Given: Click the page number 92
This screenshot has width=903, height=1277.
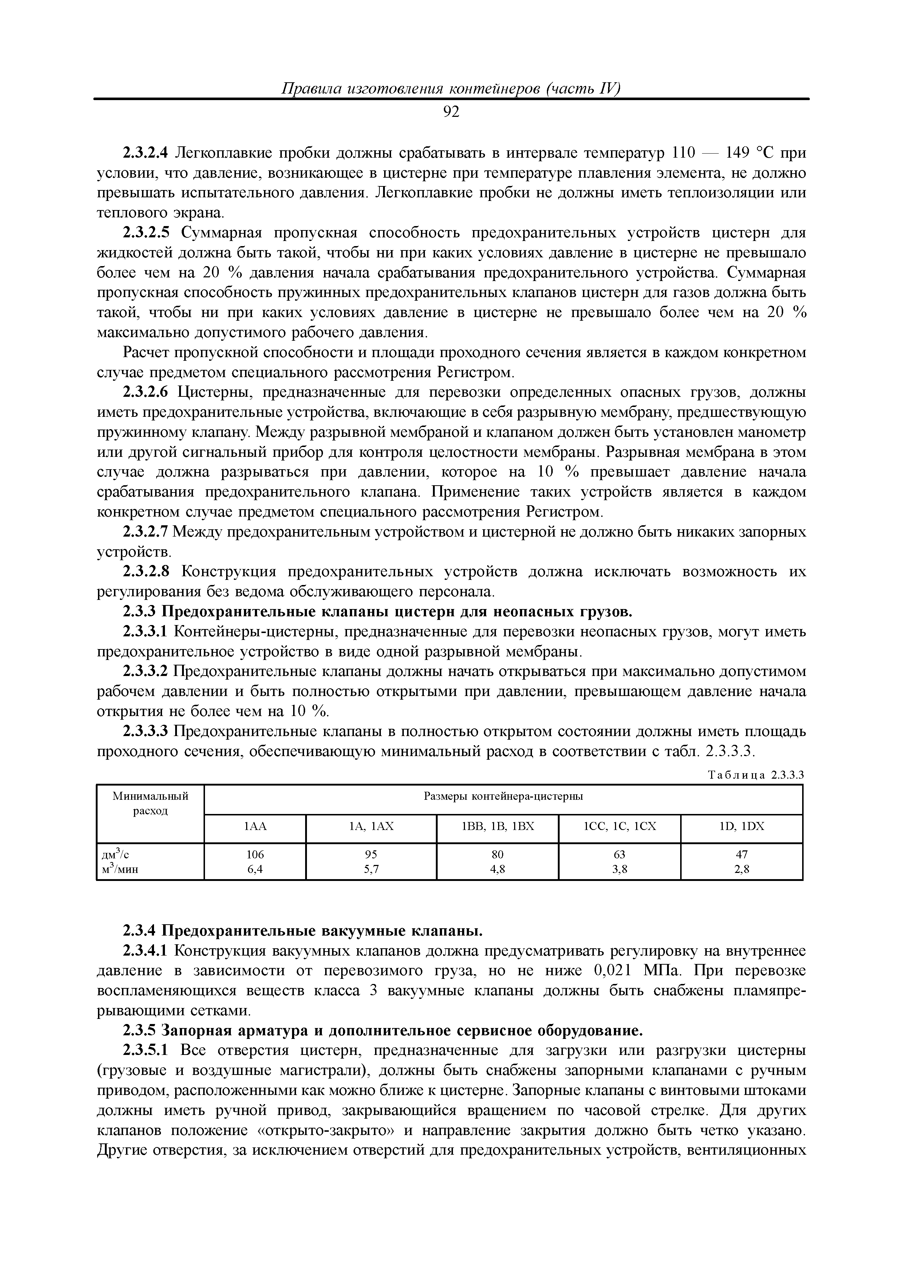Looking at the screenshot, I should (451, 112).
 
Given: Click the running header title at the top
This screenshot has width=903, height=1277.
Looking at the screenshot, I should (451, 89).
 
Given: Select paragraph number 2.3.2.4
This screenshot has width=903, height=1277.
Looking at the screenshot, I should (145, 153).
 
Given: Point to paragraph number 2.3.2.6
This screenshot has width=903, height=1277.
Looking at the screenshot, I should (145, 393).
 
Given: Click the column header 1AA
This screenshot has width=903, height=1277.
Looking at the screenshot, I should (255, 826).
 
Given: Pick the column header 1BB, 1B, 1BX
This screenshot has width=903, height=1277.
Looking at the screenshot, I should (497, 826).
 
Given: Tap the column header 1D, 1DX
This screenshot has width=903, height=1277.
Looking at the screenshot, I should (742, 826).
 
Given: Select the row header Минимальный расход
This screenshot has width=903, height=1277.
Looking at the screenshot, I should (150, 804).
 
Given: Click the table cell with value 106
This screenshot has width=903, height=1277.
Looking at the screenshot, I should (255, 854).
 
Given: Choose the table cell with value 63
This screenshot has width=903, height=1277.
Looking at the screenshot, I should (619, 854).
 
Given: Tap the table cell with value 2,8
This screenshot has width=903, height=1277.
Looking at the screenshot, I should (742, 870).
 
